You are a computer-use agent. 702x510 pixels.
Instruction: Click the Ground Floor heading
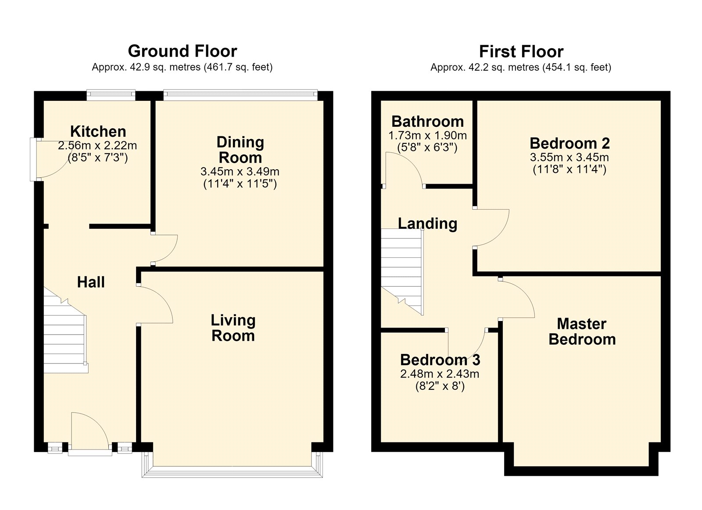(183, 51)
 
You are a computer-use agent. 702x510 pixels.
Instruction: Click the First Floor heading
(521, 51)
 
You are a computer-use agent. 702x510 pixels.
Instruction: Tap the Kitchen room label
(98, 131)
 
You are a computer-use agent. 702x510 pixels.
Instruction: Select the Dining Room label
(240, 150)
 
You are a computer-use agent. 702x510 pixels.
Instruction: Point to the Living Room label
(233, 328)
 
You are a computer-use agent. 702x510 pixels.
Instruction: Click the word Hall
(91, 282)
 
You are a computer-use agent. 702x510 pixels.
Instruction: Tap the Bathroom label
(427, 121)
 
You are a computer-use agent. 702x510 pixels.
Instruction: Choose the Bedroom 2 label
(570, 143)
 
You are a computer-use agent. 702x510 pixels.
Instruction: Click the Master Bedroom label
(582, 332)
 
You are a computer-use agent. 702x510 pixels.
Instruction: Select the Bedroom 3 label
(440, 360)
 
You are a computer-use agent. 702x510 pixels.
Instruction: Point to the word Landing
(427, 224)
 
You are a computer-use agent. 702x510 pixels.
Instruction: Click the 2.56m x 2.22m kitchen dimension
(97, 145)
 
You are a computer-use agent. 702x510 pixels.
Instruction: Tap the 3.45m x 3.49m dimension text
(240, 171)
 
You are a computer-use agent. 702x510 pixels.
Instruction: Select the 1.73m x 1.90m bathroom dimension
(427, 136)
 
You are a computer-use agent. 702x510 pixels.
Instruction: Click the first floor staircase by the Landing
(402, 271)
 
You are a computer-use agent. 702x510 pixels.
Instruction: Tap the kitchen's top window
(111, 95)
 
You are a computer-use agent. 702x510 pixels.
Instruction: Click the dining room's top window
(240, 95)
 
